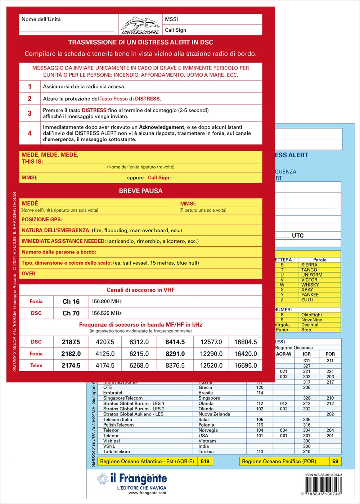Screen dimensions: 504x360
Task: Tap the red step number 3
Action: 30,113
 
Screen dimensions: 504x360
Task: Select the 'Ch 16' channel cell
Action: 71,302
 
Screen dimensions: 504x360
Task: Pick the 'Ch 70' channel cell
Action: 71,313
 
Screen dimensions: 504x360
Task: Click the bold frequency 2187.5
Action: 71,342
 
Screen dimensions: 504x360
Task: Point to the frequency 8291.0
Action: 175,354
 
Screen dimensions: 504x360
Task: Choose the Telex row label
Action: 36,365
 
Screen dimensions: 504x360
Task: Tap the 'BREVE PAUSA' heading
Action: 140,191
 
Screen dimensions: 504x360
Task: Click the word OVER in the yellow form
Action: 28,274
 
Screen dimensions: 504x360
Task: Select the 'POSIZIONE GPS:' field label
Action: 42,220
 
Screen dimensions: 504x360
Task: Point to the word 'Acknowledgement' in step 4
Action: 161,127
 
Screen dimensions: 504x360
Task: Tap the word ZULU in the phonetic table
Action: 307,300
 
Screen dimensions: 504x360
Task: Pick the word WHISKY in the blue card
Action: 310,285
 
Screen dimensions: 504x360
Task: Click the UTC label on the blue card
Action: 298,236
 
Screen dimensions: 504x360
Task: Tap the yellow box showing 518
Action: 205,462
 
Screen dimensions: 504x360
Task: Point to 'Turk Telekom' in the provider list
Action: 117,451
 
